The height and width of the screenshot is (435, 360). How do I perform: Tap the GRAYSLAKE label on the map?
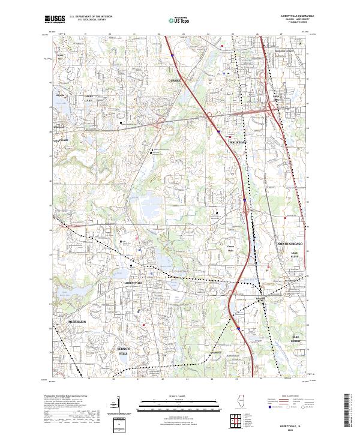(x=60, y=140)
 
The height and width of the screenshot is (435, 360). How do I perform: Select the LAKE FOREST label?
(x=295, y=339)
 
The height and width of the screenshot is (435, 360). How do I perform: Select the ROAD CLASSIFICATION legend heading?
(x=290, y=397)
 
